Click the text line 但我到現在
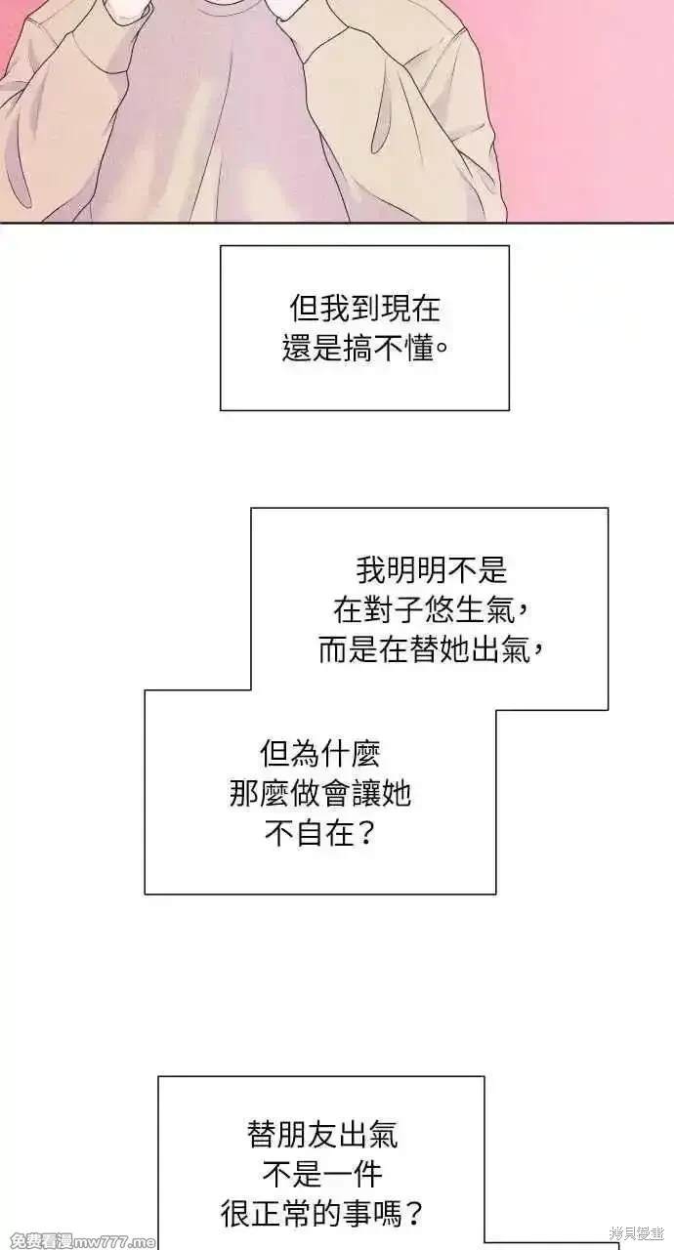[365, 308]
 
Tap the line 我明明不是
[432, 570]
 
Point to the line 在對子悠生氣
[430, 610]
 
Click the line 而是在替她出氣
[430, 650]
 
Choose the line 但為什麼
[320, 754]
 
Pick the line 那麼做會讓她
[320, 794]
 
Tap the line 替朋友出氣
[322, 1135]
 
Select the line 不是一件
[322, 1174]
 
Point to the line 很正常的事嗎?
[322, 1214]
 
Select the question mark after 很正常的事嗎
[413, 1214]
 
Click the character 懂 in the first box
[419, 349]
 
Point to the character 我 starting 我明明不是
[371, 570]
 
